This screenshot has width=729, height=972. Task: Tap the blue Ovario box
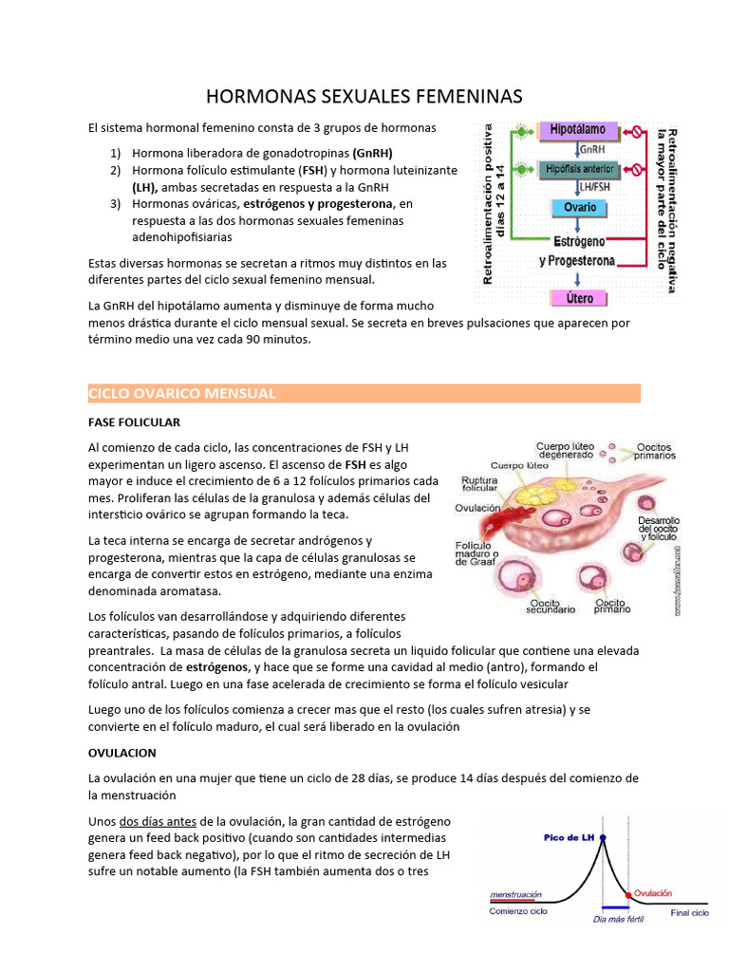(x=579, y=207)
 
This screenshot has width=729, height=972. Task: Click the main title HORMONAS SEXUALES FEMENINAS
(x=364, y=97)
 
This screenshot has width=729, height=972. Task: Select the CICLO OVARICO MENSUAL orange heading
(x=181, y=393)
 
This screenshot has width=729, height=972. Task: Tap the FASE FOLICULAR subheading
(x=134, y=421)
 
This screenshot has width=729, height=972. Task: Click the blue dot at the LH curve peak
(x=604, y=838)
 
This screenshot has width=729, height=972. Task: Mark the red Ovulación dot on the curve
(x=627, y=895)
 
